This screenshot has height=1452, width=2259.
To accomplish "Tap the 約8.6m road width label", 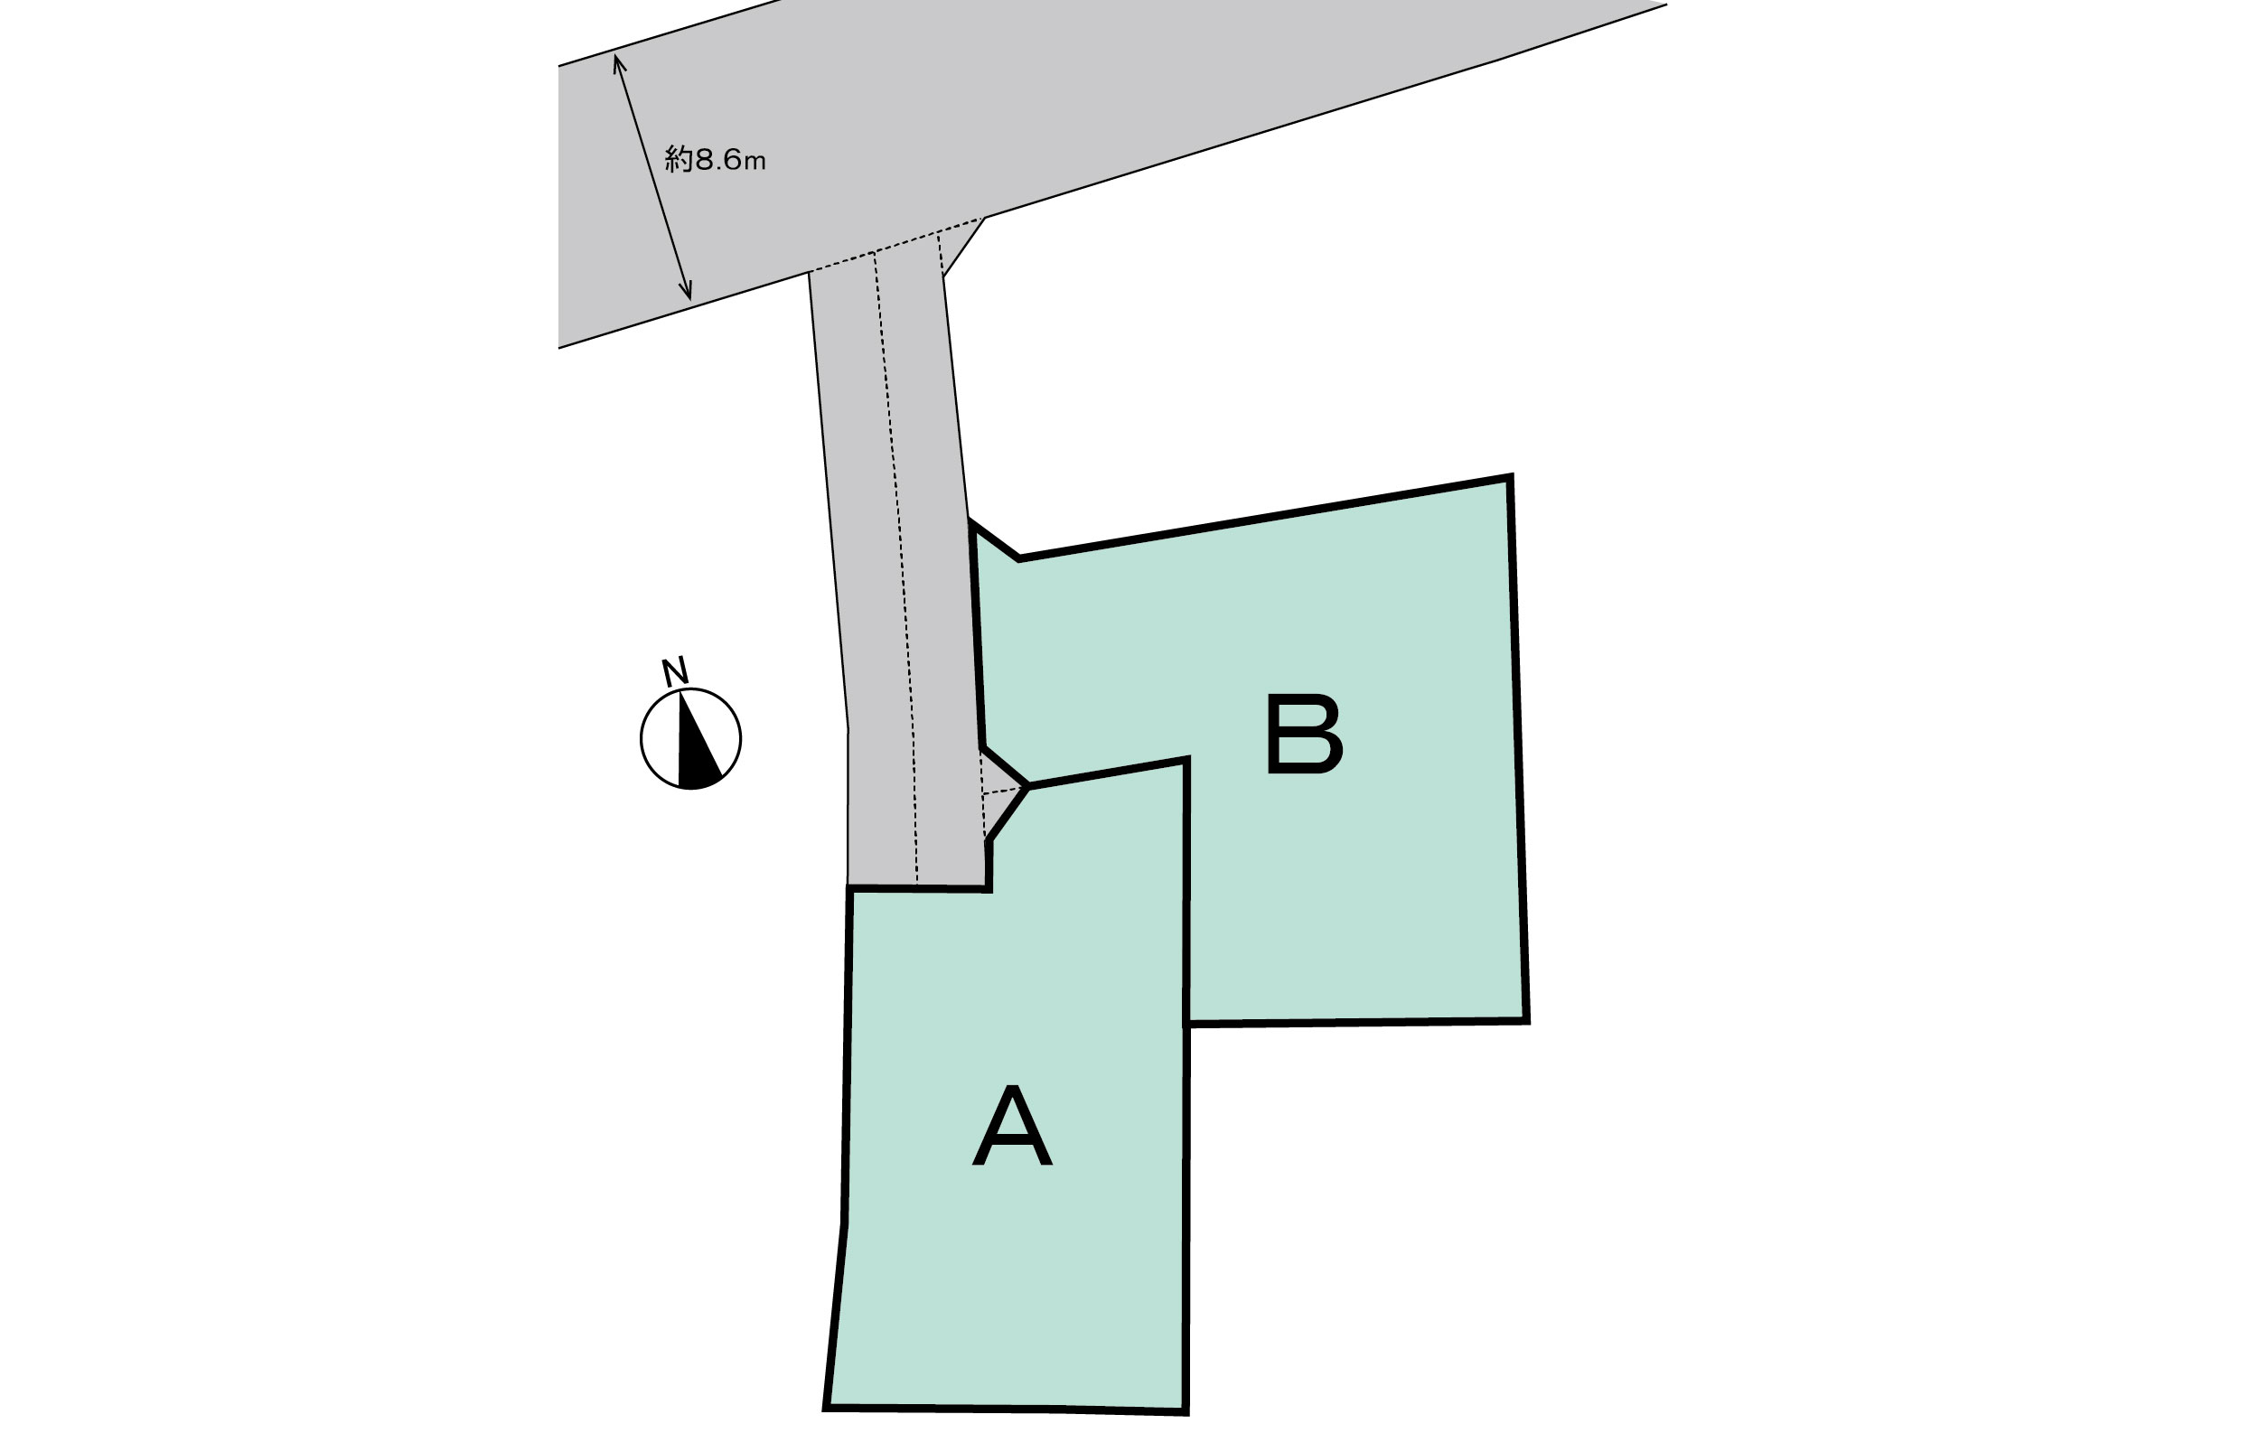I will (x=715, y=159).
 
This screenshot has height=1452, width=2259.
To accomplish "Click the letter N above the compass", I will (x=674, y=671).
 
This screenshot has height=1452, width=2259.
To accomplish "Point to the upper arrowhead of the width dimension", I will (x=616, y=59).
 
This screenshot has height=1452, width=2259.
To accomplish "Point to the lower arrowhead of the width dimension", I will (x=689, y=296).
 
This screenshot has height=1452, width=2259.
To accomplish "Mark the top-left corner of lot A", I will (x=850, y=887).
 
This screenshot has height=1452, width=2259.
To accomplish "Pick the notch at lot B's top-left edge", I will (x=1018, y=559).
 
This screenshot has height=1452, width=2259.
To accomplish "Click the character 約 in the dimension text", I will (x=678, y=159).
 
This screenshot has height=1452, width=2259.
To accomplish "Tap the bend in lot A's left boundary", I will (x=844, y=1223).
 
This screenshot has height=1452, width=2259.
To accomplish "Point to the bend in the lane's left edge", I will (x=848, y=729).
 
